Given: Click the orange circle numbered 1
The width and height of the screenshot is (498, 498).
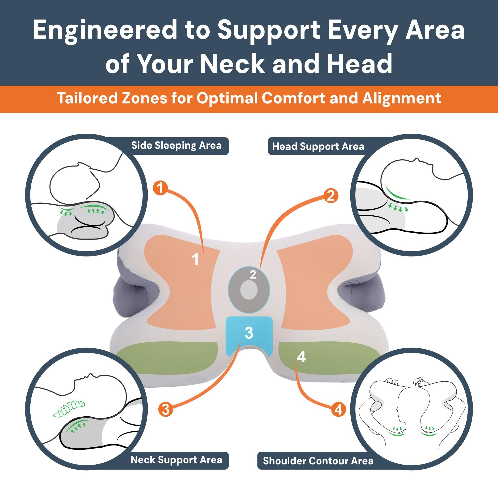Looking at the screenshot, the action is pyautogui.click(x=160, y=188).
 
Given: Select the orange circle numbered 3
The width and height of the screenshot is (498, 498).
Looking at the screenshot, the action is pyautogui.click(x=166, y=409).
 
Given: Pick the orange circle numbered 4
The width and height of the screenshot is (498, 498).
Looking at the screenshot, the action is pyautogui.click(x=338, y=409).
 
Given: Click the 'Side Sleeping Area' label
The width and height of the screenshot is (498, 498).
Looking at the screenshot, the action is pyautogui.click(x=176, y=146).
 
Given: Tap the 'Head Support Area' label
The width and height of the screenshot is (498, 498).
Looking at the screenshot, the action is pyautogui.click(x=318, y=146).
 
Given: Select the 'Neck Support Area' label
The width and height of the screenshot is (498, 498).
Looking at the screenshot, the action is pyautogui.click(x=176, y=460).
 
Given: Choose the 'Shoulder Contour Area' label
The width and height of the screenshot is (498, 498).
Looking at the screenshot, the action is pyautogui.click(x=318, y=461).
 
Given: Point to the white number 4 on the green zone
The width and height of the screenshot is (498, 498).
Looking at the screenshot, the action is pyautogui.click(x=301, y=357).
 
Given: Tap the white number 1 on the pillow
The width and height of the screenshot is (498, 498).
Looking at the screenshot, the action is pyautogui.click(x=195, y=259).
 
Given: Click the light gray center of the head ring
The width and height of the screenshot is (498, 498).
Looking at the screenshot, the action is pyautogui.click(x=249, y=290).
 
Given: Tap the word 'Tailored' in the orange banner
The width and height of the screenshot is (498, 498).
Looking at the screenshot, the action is pyautogui.click(x=86, y=98).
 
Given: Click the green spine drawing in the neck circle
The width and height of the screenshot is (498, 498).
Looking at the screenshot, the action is pyautogui.click(x=69, y=409).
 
